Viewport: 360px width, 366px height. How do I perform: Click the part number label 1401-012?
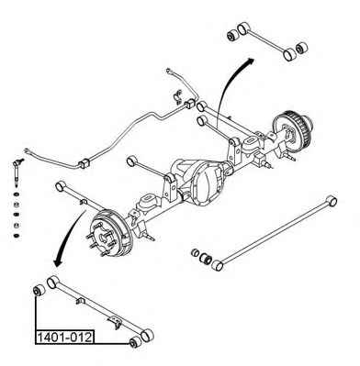(x=64, y=338)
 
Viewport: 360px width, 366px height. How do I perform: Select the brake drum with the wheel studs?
(x=111, y=233)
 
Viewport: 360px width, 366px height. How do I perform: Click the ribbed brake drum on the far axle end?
(x=292, y=130)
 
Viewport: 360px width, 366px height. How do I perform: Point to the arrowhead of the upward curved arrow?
(x=250, y=61)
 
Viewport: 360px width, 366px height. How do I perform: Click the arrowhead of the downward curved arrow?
(x=58, y=262)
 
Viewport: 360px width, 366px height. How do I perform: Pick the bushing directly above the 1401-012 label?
(x=39, y=291)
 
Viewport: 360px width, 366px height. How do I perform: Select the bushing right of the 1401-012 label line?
(x=135, y=342)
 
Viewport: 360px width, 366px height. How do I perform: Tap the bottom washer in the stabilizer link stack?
(x=16, y=236)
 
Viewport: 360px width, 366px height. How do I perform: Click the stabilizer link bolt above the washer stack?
(x=16, y=172)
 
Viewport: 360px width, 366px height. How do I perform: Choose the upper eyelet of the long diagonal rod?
(x=332, y=201)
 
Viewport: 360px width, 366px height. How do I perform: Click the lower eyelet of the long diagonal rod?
(x=218, y=265)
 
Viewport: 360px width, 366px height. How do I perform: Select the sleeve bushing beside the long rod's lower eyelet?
(x=205, y=259)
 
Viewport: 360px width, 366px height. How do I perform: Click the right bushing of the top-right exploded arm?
(x=302, y=48)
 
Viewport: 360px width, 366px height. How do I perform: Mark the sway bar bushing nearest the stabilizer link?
(x=84, y=163)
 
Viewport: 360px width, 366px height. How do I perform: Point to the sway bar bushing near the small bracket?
(x=190, y=104)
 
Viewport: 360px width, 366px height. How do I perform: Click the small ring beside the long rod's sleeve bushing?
(x=195, y=253)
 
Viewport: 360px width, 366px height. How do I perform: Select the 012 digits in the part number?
(x=81, y=338)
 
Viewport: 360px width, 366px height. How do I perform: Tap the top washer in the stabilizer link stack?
(x=16, y=194)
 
